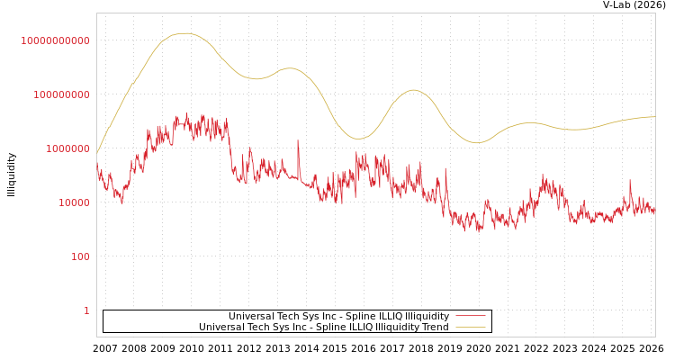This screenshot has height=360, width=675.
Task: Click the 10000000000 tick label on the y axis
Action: coord(56,40)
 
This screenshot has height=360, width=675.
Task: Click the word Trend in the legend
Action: coord(433,328)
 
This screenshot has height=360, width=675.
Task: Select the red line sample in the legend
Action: coord(471,316)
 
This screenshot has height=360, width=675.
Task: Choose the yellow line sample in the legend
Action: coord(471,328)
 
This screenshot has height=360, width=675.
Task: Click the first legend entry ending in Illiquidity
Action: coord(338,316)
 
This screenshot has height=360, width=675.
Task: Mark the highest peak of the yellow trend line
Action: coord(184,33)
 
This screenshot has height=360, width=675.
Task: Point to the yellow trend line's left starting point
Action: coord(97,155)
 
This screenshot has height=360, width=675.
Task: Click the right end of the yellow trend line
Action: coord(655,116)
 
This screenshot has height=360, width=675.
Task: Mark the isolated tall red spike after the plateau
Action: coord(298,140)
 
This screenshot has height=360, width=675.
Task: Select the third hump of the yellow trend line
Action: coord(413,89)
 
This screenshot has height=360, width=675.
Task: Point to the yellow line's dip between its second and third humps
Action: coord(357,139)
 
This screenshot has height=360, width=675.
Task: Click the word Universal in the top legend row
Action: coord(249,316)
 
